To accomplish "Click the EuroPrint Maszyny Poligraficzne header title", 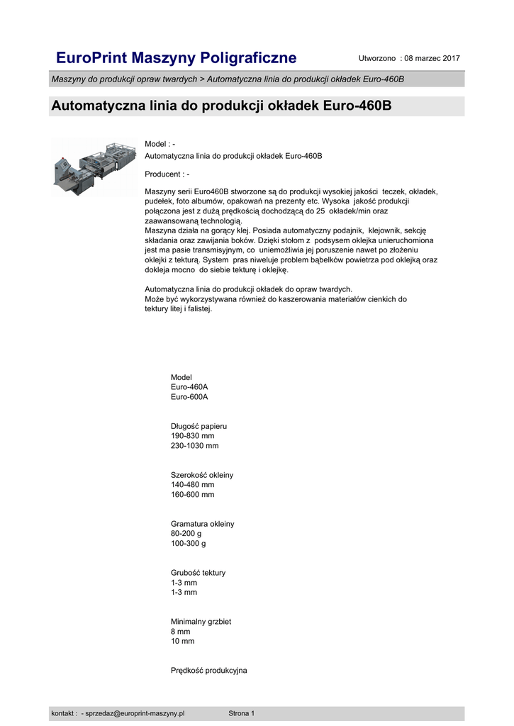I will [176, 57].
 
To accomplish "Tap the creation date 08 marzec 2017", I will [432, 57].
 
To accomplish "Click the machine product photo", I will [94, 167].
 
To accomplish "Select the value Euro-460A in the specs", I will [189, 387].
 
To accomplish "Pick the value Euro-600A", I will [189, 397].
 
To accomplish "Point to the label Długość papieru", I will [199, 426].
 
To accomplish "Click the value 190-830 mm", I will [192, 436].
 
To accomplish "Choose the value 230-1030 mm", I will [195, 446].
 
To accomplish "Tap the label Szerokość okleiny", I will [202, 475].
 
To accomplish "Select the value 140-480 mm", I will [192, 485].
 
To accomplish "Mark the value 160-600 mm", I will [192, 494].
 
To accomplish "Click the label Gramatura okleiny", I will [202, 524].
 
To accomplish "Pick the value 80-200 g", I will [186, 534].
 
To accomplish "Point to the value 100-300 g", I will [189, 543].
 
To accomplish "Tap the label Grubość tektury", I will [199, 573].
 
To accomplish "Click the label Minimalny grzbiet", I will [201, 622].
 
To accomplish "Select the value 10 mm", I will [182, 641].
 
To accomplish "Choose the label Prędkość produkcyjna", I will [208, 671].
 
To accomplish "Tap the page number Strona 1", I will [241, 713].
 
